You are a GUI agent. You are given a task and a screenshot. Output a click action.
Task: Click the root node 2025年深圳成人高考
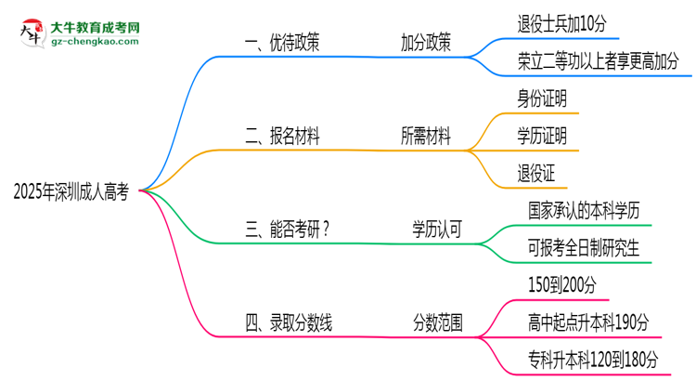point(71,192)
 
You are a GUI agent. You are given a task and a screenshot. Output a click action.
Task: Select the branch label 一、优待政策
point(283,43)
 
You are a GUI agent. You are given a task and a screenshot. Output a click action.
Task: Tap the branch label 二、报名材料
point(283,137)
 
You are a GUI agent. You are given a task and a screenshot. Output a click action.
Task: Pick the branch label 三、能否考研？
point(287,230)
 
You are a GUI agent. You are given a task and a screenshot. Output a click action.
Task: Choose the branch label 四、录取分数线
point(289,323)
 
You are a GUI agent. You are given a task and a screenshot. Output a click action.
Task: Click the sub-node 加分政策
point(426,43)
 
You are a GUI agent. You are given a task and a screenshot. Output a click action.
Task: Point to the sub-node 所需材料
point(426,137)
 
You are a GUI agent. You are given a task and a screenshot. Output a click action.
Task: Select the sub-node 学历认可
point(438,230)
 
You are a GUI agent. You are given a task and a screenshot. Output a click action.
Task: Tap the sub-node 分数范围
point(438,323)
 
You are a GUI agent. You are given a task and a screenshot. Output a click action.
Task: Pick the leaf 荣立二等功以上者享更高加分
point(598,61)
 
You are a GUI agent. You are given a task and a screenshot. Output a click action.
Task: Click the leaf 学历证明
point(542,137)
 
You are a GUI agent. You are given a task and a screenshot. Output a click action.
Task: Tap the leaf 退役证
point(535,173)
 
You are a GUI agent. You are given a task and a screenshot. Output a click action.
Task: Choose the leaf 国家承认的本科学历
point(584,211)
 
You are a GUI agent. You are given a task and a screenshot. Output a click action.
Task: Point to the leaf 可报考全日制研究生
point(584,248)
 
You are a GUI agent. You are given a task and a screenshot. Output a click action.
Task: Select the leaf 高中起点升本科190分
point(586,322)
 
